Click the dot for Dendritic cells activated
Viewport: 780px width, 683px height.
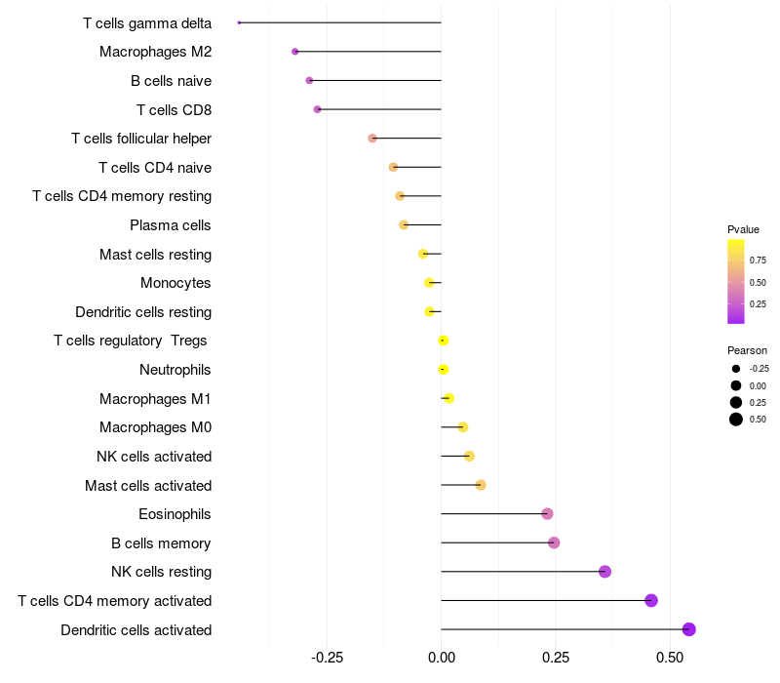tap(689, 629)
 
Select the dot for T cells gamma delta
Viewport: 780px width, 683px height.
tap(239, 22)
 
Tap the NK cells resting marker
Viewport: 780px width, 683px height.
tap(604, 572)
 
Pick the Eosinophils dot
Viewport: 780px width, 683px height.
tap(547, 514)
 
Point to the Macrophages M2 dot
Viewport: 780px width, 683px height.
tap(295, 51)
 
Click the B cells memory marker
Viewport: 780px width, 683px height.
tap(554, 542)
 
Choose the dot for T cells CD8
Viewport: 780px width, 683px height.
tap(317, 109)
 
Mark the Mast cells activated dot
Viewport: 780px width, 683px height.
tap(481, 485)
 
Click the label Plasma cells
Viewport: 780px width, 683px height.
tap(171, 225)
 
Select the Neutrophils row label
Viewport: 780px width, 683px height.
tap(175, 370)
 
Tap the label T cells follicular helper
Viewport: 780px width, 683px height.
tap(141, 139)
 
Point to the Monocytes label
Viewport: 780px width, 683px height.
tap(175, 283)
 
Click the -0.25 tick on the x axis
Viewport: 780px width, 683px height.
tap(327, 658)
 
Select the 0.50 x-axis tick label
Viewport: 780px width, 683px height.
tap(671, 658)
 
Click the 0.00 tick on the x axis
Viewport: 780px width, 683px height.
tap(442, 658)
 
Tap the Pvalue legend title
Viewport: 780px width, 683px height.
tap(743, 229)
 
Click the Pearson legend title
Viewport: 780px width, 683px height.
tap(747, 350)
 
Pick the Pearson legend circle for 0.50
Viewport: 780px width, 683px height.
tap(735, 420)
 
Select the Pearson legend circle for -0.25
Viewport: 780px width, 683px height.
tap(735, 369)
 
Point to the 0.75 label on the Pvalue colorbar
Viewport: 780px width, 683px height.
tap(758, 261)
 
